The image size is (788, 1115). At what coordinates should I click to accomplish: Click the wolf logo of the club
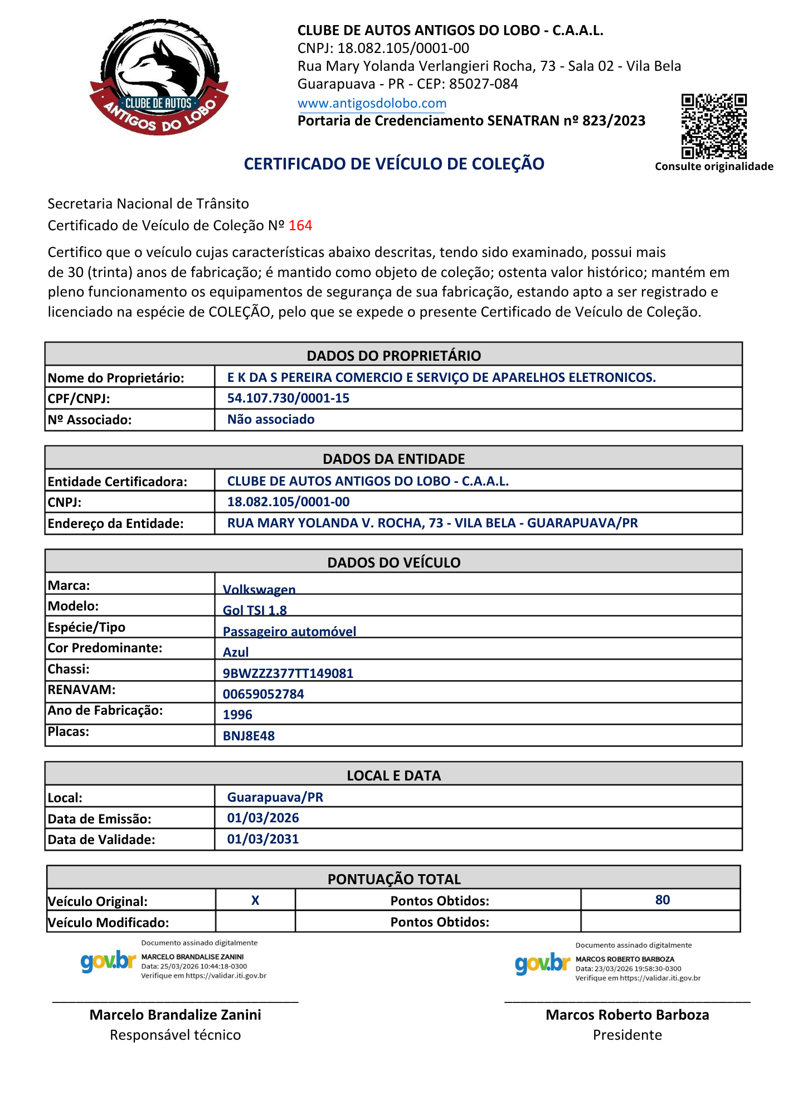(x=159, y=77)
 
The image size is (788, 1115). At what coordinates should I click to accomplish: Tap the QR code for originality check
(x=713, y=126)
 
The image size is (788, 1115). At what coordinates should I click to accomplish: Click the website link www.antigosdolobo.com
(x=372, y=103)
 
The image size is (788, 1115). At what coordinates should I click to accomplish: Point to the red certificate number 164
(x=300, y=225)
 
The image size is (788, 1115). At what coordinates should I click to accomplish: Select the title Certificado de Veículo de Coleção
(x=394, y=164)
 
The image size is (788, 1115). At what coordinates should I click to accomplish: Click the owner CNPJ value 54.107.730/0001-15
(x=288, y=398)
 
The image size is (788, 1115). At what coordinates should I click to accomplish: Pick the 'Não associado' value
(x=271, y=419)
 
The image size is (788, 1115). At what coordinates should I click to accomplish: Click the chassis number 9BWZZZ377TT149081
(x=288, y=673)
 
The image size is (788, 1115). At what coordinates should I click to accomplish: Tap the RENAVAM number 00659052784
(x=264, y=694)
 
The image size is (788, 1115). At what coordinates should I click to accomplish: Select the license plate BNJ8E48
(x=249, y=736)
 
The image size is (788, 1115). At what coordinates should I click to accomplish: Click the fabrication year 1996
(x=237, y=715)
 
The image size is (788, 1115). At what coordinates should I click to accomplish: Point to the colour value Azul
(x=236, y=652)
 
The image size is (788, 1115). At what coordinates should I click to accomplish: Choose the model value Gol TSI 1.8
(x=255, y=610)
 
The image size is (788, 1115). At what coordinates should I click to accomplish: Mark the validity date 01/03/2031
(x=263, y=839)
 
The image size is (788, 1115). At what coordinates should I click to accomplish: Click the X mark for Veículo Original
(x=255, y=900)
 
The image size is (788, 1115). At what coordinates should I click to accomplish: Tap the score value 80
(x=662, y=900)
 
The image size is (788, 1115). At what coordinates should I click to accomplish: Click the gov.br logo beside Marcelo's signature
(x=108, y=961)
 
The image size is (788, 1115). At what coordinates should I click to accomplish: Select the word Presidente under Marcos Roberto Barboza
(x=627, y=1035)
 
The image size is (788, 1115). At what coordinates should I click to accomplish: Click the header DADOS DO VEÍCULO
(x=394, y=562)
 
